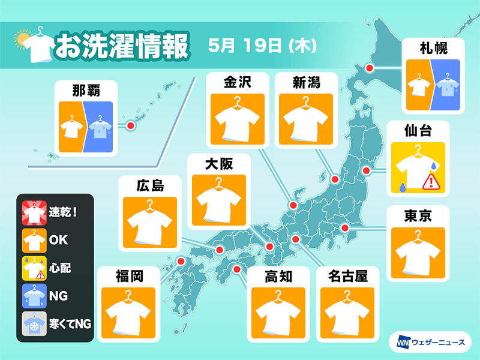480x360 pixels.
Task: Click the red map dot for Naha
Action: coord(130,126)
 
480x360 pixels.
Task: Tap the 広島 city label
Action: coord(149,185)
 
